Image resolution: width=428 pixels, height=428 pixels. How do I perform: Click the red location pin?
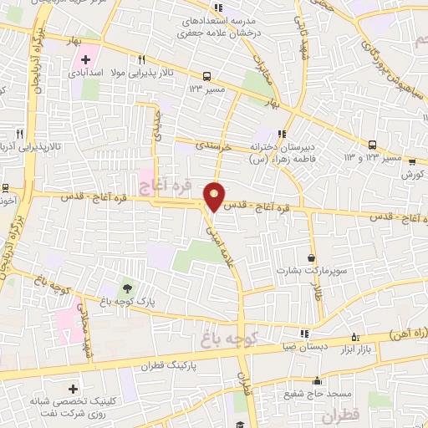coord(215,196)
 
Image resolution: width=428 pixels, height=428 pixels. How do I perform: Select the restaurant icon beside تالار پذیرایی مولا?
coord(143,60)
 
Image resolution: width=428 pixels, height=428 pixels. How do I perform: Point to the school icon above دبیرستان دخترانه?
coord(283,133)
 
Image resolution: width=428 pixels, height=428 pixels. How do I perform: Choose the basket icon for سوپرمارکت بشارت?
coord(313,258)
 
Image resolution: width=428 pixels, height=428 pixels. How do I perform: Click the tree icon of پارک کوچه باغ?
coord(127,289)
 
